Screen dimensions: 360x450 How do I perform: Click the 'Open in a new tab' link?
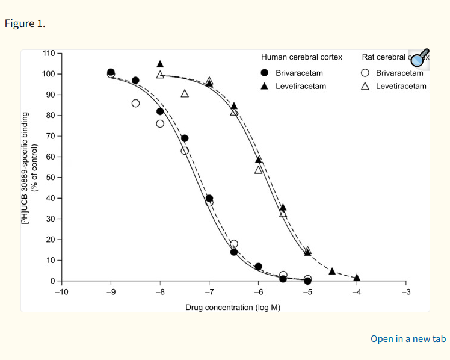(408, 338)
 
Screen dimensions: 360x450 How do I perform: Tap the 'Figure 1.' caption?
(25, 24)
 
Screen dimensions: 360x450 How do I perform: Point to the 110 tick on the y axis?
(50, 54)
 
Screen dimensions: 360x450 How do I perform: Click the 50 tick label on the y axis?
(50, 178)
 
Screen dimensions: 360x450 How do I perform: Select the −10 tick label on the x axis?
(61, 293)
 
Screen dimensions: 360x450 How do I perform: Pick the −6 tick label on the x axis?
(257, 293)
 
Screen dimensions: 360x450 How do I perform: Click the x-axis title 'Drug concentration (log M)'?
(233, 308)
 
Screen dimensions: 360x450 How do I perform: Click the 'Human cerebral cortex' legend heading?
(301, 57)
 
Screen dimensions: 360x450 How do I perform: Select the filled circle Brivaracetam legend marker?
(265, 73)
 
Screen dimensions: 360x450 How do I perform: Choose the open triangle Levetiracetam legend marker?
(365, 86)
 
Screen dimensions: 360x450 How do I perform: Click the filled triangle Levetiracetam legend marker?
(265, 86)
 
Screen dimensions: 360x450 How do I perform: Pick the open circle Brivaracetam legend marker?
(365, 73)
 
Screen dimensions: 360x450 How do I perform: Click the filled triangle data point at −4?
(357, 278)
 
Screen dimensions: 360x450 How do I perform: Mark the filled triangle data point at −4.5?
(332, 271)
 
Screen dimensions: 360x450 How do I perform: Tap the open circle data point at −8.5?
(135, 103)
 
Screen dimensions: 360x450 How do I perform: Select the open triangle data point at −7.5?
(185, 93)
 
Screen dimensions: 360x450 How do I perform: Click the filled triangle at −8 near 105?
(160, 64)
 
